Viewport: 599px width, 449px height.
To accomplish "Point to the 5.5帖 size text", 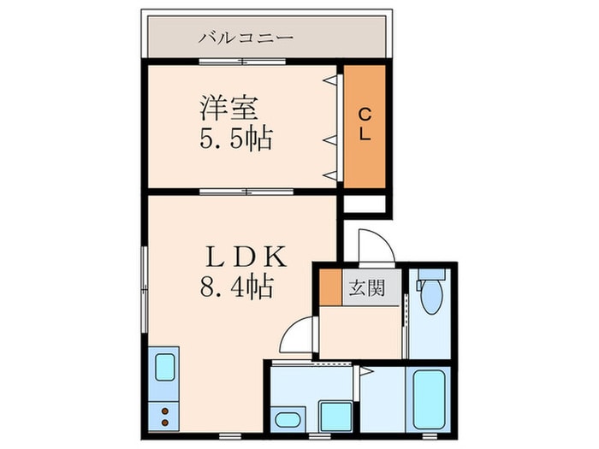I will coord(236,138).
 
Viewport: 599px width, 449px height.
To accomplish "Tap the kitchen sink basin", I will coord(164,367).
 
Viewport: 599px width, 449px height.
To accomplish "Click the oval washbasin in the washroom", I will coord(287,419).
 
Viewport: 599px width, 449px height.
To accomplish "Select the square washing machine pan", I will coord(335,416).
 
